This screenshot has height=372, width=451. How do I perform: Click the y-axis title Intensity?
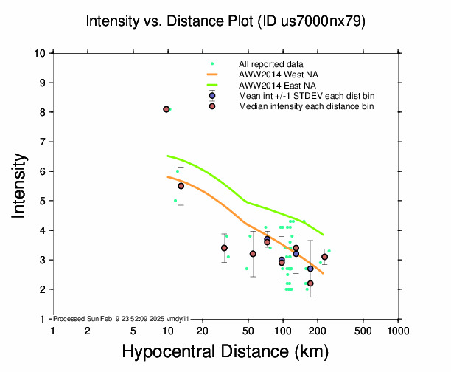21,185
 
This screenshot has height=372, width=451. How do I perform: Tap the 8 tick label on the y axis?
43,112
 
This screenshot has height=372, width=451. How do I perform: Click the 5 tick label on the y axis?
43,201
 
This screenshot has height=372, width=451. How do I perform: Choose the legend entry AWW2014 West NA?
273,75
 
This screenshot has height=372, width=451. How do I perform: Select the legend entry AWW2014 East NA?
273,85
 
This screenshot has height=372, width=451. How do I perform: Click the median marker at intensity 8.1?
167,109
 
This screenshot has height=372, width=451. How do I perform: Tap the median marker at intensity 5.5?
181,186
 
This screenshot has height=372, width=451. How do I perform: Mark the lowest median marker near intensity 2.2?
310,283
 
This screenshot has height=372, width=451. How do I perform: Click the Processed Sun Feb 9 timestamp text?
122,319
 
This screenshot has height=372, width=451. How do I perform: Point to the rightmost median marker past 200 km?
324,257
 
